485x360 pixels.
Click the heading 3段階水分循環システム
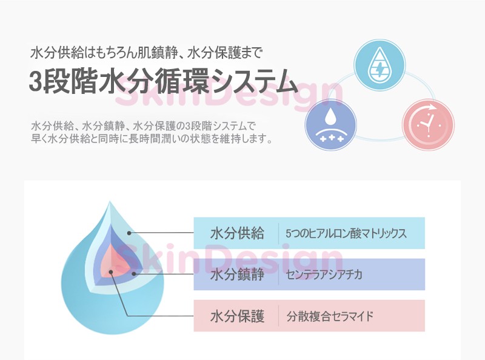point(164,82)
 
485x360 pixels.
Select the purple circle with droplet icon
point(331,125)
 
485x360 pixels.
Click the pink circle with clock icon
point(428,125)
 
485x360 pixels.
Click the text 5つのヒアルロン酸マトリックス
point(346,233)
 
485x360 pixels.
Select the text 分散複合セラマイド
point(329,316)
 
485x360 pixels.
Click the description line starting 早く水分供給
point(152,139)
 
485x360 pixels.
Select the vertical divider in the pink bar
point(278,316)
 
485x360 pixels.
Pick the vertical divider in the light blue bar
point(278,233)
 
